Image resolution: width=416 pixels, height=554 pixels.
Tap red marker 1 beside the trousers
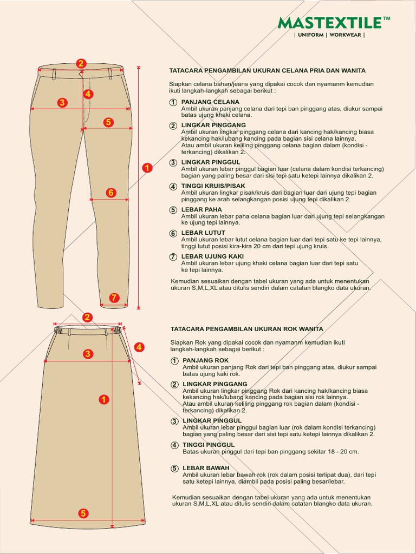pyautogui.click(x=147, y=168)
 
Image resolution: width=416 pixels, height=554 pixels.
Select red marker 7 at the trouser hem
pyautogui.click(x=114, y=298)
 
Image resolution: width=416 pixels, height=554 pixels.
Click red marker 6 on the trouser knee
pyautogui.click(x=111, y=192)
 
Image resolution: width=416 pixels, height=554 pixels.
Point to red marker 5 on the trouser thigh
pyautogui.click(x=108, y=122)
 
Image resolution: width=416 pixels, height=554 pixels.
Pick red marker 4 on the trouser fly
pyautogui.click(x=88, y=94)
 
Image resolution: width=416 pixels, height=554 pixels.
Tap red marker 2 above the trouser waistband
pyautogui.click(x=81, y=63)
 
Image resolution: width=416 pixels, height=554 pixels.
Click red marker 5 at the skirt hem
pyautogui.click(x=83, y=513)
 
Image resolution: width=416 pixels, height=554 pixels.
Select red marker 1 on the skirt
pyautogui.click(x=103, y=400)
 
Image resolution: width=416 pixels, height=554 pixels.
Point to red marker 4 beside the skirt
pyautogui.click(x=139, y=347)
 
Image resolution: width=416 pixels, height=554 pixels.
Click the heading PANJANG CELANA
pyautogui.click(x=210, y=102)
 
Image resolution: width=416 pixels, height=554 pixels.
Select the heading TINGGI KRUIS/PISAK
pyautogui.click(x=213, y=186)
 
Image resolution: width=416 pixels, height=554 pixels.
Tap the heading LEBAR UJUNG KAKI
pyautogui.click(x=212, y=256)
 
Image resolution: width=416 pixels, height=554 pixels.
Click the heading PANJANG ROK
pyautogui.click(x=206, y=360)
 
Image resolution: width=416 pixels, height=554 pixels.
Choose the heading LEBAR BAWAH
pyautogui.click(x=206, y=468)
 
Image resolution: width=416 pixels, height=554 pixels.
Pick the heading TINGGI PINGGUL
pyautogui.click(x=209, y=445)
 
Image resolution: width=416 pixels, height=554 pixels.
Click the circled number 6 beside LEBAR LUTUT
pyautogui.click(x=173, y=234)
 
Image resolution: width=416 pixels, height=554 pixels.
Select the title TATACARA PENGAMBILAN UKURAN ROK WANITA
pyautogui.click(x=246, y=329)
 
